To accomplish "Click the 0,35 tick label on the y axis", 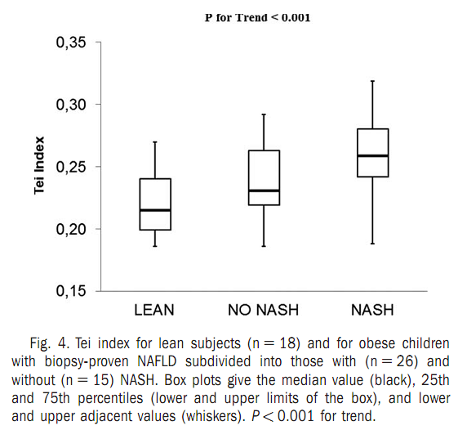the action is (x=67, y=43).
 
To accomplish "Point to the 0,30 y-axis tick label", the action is (x=67, y=105).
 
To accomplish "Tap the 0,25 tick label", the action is (x=67, y=168).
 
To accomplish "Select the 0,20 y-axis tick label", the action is (x=67, y=230).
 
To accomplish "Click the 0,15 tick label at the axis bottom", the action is (x=67, y=291).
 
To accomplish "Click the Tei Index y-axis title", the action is (x=39, y=165).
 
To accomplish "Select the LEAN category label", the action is (x=154, y=310).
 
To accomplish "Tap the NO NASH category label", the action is (x=263, y=310).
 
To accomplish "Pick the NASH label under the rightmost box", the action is (x=372, y=310).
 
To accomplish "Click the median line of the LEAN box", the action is (x=155, y=210).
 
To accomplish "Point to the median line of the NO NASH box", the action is (x=264, y=190).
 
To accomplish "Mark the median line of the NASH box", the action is (x=373, y=155).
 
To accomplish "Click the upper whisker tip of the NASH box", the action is (x=373, y=81).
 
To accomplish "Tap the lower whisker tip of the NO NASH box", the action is (x=264, y=246).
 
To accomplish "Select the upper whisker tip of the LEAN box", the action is (x=155, y=142).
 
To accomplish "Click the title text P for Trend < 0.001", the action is (x=257, y=17).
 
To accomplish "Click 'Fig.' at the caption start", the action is (x=41, y=343).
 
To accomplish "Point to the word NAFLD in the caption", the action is (x=157, y=361).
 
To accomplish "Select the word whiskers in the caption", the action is (x=213, y=416).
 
